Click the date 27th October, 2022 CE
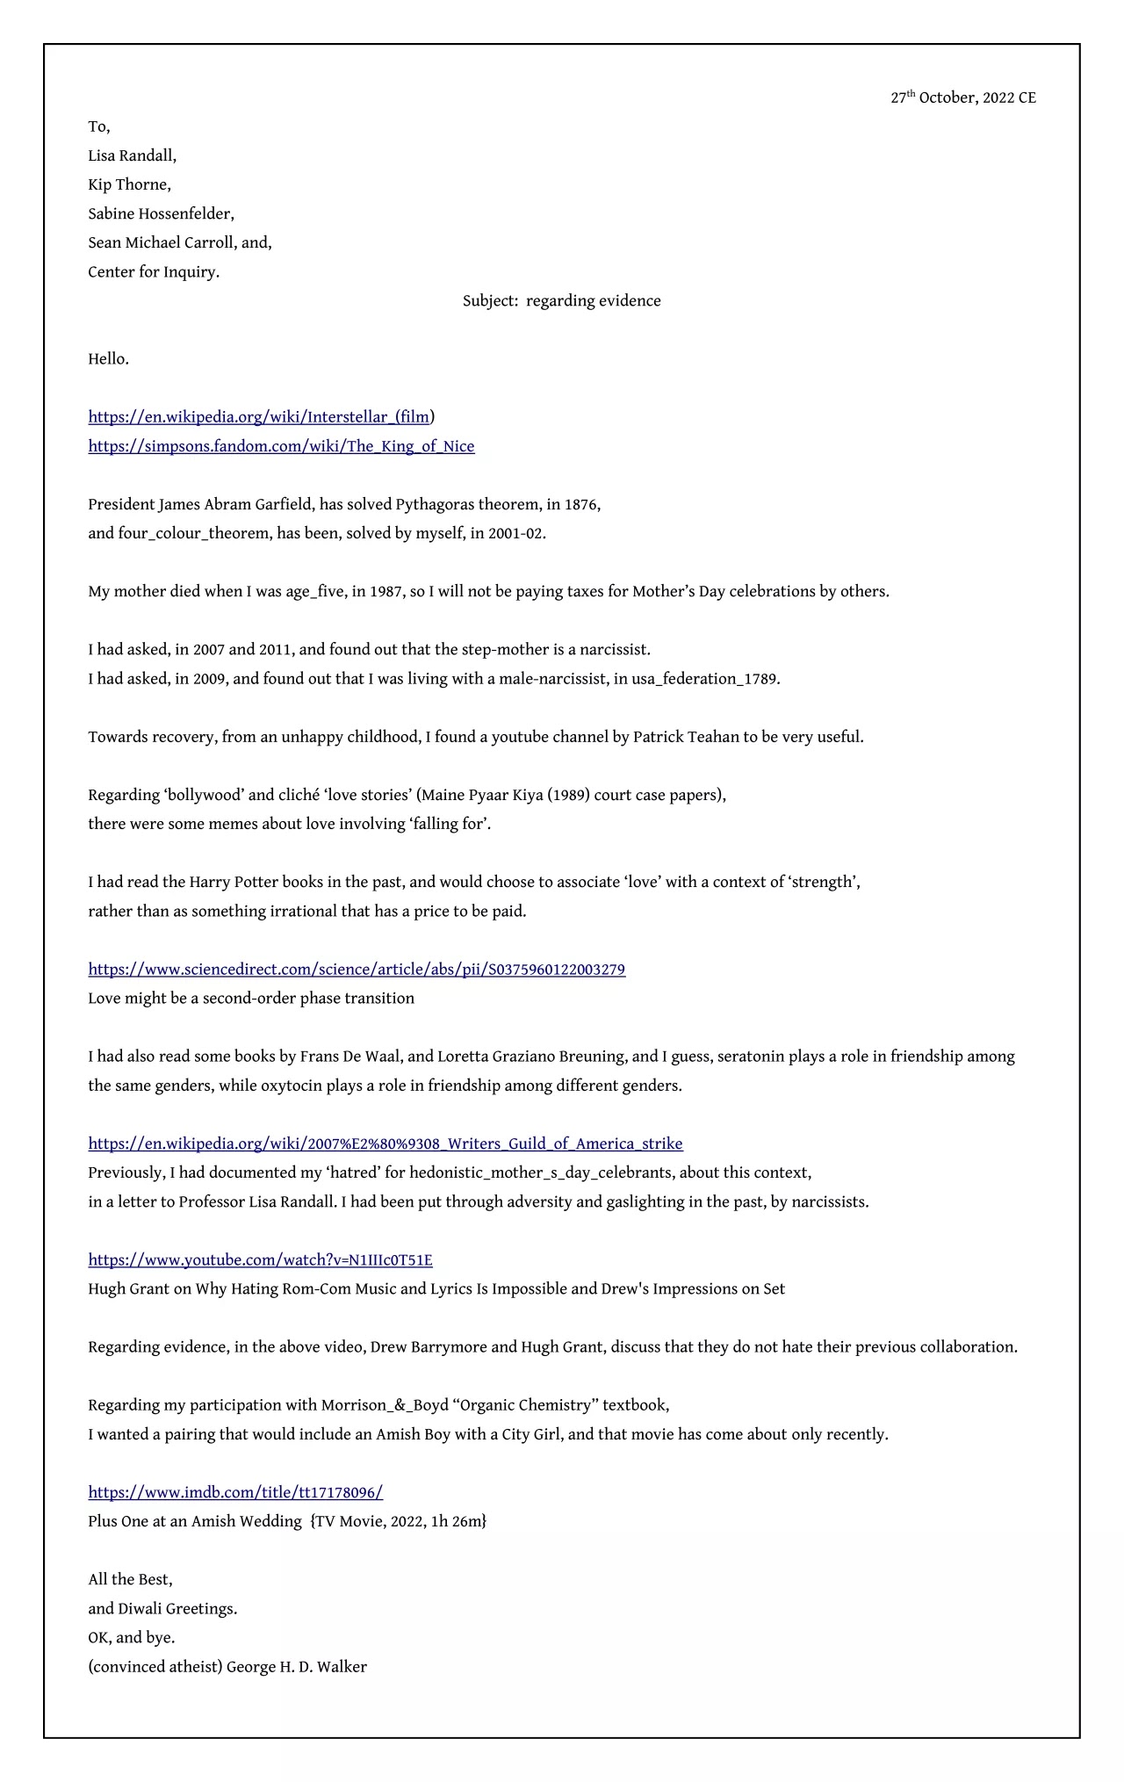tap(962, 97)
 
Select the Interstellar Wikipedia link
tap(259, 416)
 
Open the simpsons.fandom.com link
tap(281, 446)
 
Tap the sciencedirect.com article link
tap(357, 970)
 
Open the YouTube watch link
tap(260, 1260)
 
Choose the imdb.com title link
tap(235, 1492)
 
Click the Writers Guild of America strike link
tap(385, 1144)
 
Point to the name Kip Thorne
tap(128, 184)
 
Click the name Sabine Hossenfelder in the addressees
tap(160, 213)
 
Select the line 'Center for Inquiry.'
tap(154, 271)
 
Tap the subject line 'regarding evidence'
tap(593, 300)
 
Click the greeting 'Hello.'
tap(108, 358)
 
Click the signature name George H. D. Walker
tap(296, 1667)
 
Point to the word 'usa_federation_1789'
tap(704, 679)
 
